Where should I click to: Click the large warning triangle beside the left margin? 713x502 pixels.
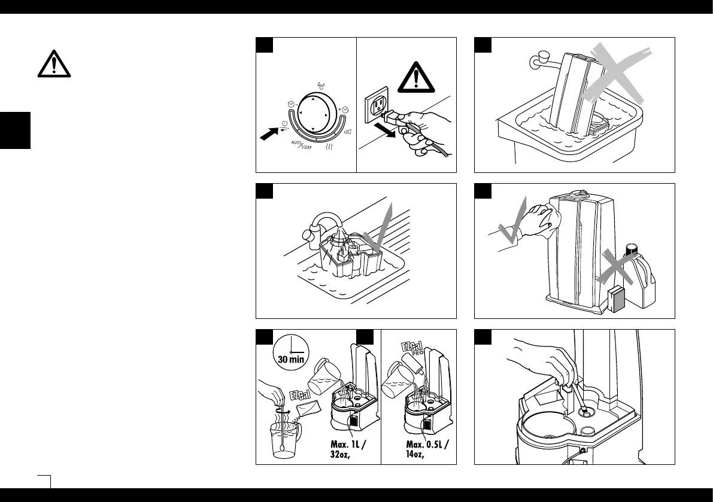[54, 63]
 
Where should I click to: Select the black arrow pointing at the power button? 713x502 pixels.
[269, 132]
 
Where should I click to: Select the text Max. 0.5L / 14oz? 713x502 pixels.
[426, 449]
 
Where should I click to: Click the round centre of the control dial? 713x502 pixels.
[313, 114]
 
